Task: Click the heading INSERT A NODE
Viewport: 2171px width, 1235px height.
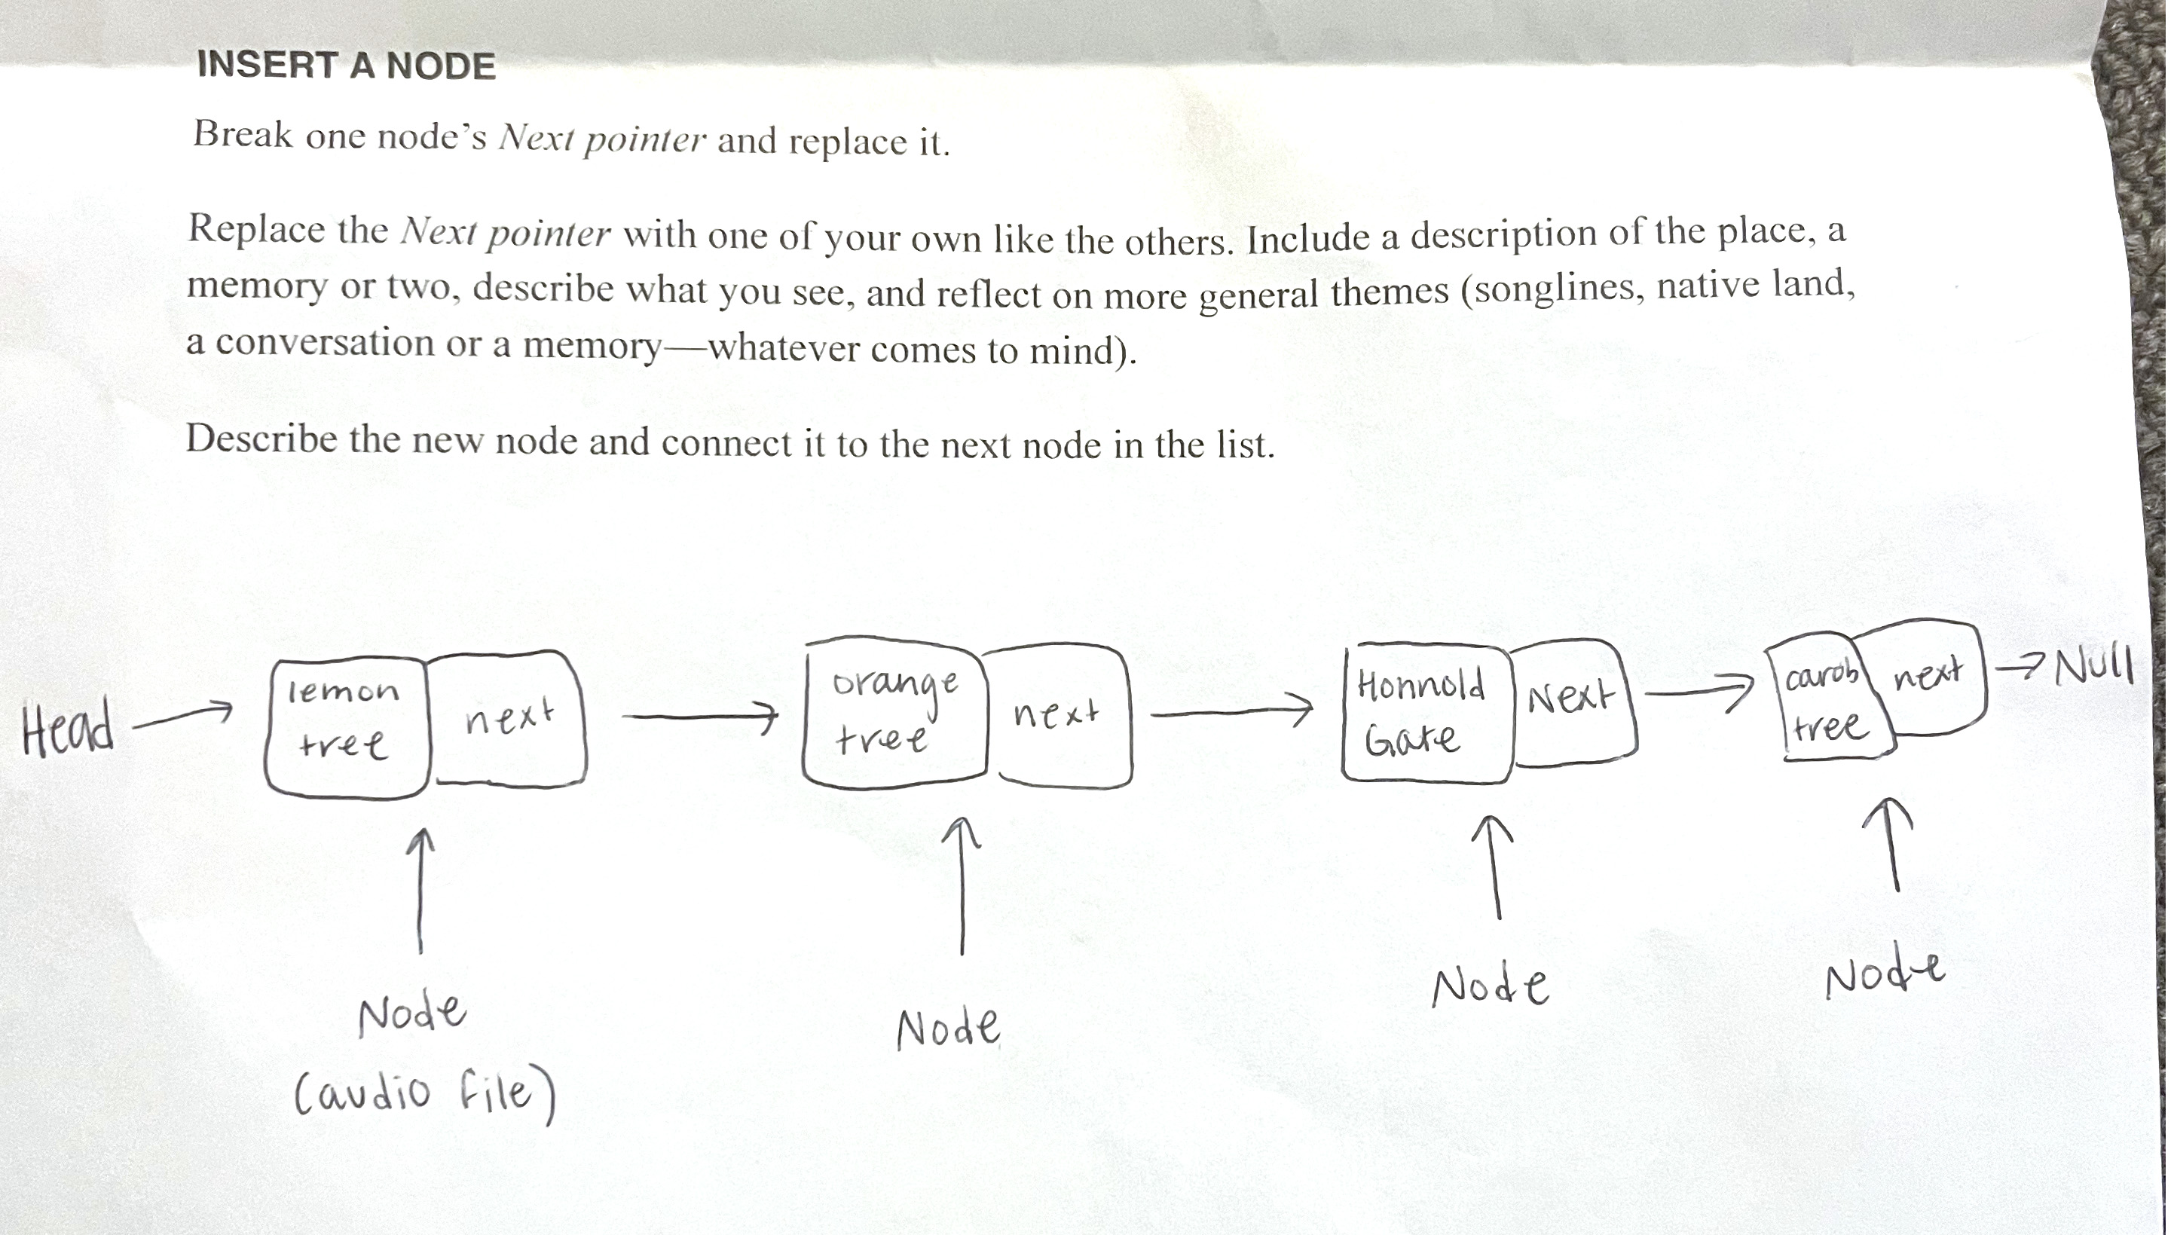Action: click(x=346, y=66)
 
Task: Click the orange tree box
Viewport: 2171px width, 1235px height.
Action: click(x=894, y=714)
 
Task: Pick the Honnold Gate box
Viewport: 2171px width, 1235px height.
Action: click(x=1426, y=713)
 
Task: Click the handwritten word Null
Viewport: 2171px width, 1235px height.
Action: click(x=2095, y=667)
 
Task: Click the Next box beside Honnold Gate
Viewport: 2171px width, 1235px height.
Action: click(x=1573, y=702)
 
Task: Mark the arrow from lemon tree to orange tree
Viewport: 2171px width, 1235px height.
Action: click(x=699, y=717)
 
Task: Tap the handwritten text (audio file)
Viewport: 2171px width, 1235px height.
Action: click(x=425, y=1093)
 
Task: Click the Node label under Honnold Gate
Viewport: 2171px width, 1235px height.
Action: click(x=1491, y=987)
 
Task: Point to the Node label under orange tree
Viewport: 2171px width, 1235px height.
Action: click(x=949, y=1028)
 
